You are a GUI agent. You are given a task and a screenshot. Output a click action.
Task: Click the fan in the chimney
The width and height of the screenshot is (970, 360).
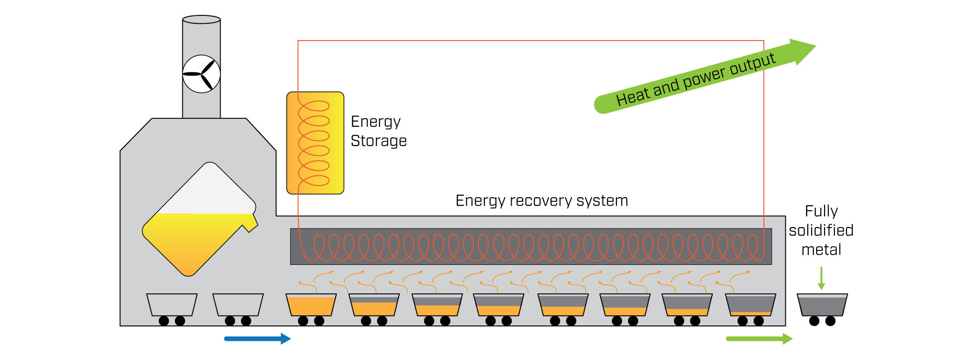(x=201, y=74)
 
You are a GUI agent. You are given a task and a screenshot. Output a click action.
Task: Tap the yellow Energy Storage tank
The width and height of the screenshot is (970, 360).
(x=315, y=143)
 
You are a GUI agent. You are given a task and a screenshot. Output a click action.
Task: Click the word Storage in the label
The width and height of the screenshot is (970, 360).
(x=378, y=141)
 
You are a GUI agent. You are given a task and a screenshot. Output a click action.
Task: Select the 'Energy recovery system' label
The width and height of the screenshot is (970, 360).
(x=541, y=201)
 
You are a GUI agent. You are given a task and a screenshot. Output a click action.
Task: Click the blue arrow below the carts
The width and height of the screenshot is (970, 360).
(x=257, y=339)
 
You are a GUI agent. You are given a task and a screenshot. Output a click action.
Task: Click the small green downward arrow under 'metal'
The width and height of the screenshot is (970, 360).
(x=821, y=278)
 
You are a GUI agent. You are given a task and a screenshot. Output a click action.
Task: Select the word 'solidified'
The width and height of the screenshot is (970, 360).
(x=821, y=230)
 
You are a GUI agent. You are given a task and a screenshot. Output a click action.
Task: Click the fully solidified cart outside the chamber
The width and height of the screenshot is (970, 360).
(x=822, y=305)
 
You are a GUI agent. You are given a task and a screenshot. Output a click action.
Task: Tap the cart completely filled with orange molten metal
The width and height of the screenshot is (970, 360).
(x=311, y=305)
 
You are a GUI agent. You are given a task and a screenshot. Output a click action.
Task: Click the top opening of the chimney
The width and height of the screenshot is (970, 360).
(x=201, y=20)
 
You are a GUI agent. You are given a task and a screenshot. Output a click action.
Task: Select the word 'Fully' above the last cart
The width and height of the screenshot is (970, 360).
(x=821, y=211)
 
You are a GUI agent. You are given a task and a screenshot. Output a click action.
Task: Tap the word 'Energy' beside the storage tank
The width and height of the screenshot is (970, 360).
(x=375, y=122)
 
